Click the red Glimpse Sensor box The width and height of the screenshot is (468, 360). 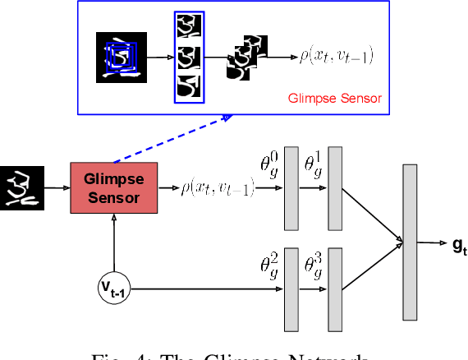(x=114, y=188)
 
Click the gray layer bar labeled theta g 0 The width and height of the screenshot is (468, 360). (x=291, y=188)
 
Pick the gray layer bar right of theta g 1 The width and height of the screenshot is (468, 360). (x=334, y=188)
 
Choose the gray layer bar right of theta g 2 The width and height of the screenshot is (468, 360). (x=291, y=288)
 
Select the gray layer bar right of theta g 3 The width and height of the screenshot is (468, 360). (x=334, y=288)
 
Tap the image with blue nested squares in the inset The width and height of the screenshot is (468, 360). (x=121, y=57)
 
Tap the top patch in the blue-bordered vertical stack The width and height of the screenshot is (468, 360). (x=190, y=28)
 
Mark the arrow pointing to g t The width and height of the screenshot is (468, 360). (x=431, y=242)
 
